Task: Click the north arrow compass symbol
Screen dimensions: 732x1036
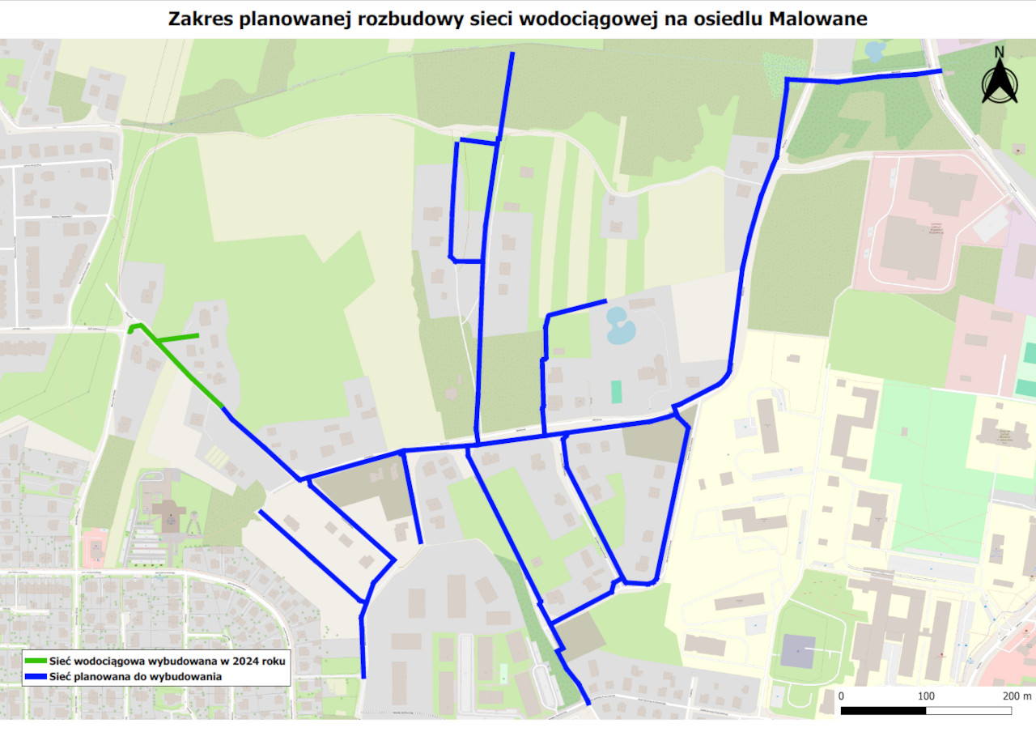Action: coord(1000,83)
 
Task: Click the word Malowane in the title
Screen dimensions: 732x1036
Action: coord(818,19)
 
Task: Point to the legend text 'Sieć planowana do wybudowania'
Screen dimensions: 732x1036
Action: coord(135,676)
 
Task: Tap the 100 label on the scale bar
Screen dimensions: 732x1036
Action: coord(926,696)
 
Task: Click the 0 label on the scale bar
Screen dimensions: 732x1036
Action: coord(841,696)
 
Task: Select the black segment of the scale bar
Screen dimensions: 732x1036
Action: coord(884,710)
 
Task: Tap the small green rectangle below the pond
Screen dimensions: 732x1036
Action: coord(617,392)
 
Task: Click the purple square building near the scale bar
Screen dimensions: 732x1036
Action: coord(798,650)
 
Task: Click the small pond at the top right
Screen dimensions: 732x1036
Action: coord(873,51)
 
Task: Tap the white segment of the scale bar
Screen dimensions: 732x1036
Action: coord(968,710)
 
